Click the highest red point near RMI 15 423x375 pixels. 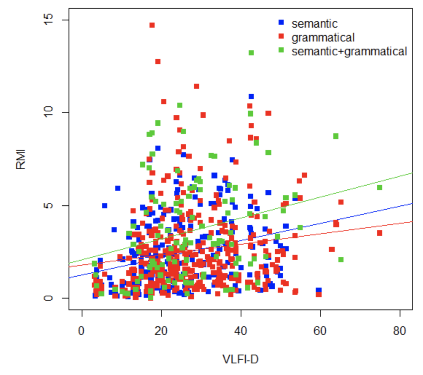point(152,25)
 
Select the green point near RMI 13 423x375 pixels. point(251,53)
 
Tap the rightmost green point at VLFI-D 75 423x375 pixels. point(379,187)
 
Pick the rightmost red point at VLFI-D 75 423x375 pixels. point(379,233)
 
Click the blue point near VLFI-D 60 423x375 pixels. point(318,290)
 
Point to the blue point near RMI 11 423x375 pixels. point(251,96)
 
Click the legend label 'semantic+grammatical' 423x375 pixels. point(349,52)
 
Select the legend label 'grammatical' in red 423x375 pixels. point(323,37)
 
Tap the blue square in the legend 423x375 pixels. point(281,23)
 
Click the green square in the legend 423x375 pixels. point(281,51)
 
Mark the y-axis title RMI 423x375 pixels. point(21,159)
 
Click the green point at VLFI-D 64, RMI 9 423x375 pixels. point(335,136)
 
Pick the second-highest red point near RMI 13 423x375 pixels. point(158,62)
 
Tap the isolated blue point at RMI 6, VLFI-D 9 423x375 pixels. point(117,188)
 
